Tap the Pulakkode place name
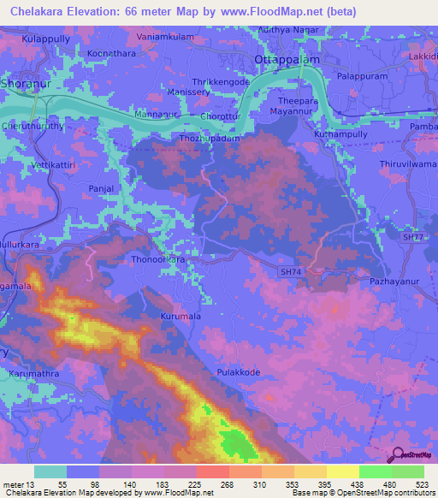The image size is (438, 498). pos(238,373)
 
